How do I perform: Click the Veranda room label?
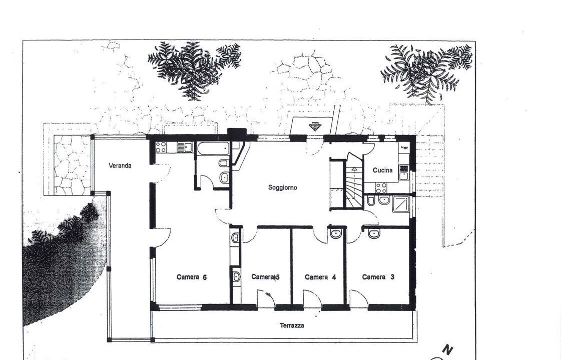[x=120, y=165]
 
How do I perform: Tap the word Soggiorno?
[x=282, y=187]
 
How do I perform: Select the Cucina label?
[x=382, y=170]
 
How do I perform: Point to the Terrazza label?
[x=292, y=325]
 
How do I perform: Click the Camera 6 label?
[x=192, y=277]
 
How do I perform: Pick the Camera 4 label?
[x=320, y=277]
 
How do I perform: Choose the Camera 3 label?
[x=378, y=276]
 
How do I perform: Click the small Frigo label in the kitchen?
[x=404, y=147]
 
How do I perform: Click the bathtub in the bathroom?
[x=213, y=147]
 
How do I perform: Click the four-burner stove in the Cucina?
[x=381, y=187]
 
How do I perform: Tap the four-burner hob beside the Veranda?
[x=161, y=147]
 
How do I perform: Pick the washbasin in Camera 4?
[x=336, y=234]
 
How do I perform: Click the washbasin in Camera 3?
[x=373, y=233]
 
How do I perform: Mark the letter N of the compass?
[x=448, y=349]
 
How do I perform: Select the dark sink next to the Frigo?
[x=404, y=168]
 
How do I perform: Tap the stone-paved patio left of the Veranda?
[x=72, y=165]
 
